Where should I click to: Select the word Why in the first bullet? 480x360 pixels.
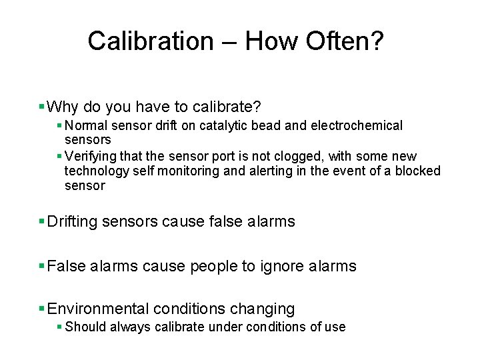coord(63,107)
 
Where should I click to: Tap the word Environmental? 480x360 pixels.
coord(99,309)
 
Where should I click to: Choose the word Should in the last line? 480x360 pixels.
coord(85,327)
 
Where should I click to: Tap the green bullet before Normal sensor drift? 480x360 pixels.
coord(60,125)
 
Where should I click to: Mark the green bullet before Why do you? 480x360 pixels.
coord(42,107)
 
